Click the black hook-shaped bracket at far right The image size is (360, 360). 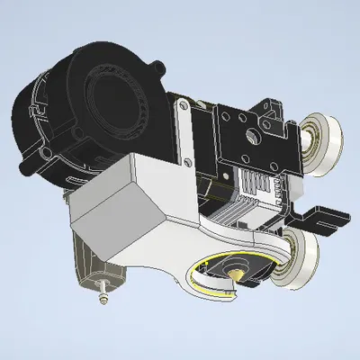[326, 218]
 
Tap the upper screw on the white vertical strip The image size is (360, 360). [183, 107]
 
